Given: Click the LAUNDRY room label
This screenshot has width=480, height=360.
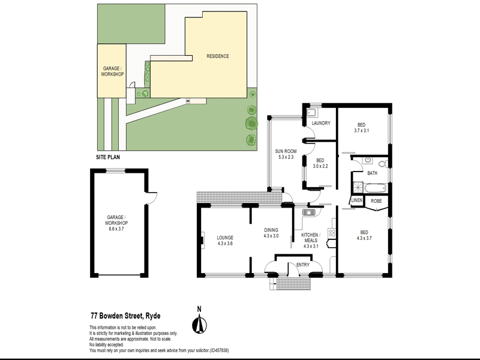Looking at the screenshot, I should (322, 124).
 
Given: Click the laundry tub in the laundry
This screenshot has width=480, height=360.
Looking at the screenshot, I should (312, 112).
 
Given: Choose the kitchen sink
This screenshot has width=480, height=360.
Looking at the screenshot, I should (309, 212).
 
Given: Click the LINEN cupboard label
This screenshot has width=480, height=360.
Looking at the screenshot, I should (357, 200).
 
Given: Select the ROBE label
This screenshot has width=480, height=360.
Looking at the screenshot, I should (376, 200).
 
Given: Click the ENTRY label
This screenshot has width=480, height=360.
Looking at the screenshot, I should (302, 265).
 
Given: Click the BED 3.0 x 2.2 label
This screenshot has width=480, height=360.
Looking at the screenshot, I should (320, 163).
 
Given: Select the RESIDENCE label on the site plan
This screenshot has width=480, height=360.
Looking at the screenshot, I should (218, 56).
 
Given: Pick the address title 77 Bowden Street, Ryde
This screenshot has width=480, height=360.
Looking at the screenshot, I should (125, 314).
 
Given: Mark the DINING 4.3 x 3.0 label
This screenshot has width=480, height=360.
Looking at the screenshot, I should (271, 233).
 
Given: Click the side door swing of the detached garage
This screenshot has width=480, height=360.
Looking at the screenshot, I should (151, 197).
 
